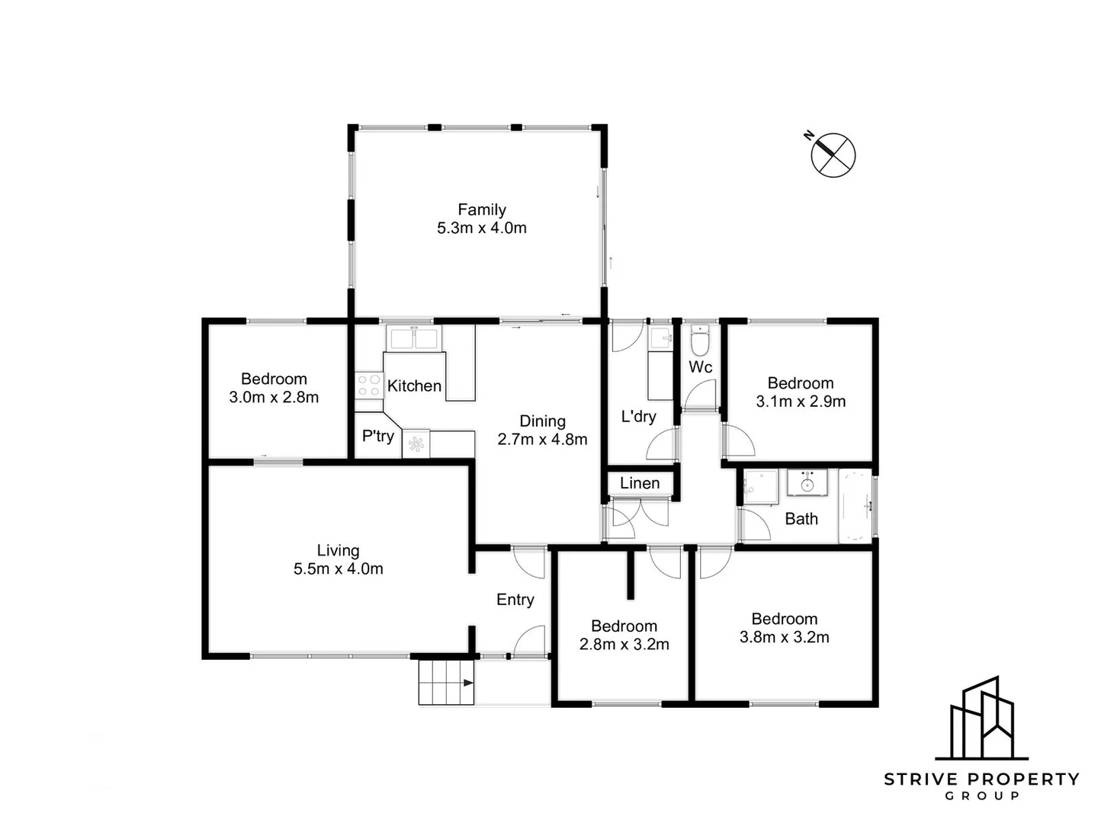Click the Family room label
[x=482, y=210]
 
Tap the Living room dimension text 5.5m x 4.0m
[x=339, y=568]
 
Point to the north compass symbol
[x=832, y=155]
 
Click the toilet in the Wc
[x=700, y=341]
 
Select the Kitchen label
[x=414, y=386]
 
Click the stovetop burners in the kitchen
[x=369, y=385]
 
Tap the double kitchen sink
[x=413, y=338]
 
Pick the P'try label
[x=378, y=436]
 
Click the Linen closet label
[x=640, y=483]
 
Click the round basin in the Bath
[x=807, y=483]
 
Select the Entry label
[x=515, y=600]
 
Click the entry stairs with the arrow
[x=446, y=682]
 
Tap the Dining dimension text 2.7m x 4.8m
[x=543, y=439]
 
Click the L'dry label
[x=639, y=416]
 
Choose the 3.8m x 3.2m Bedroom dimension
[x=785, y=637]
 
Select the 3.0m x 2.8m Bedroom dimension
[x=274, y=397]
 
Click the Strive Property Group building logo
[x=982, y=718]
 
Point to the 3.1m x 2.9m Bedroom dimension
[x=801, y=402]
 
